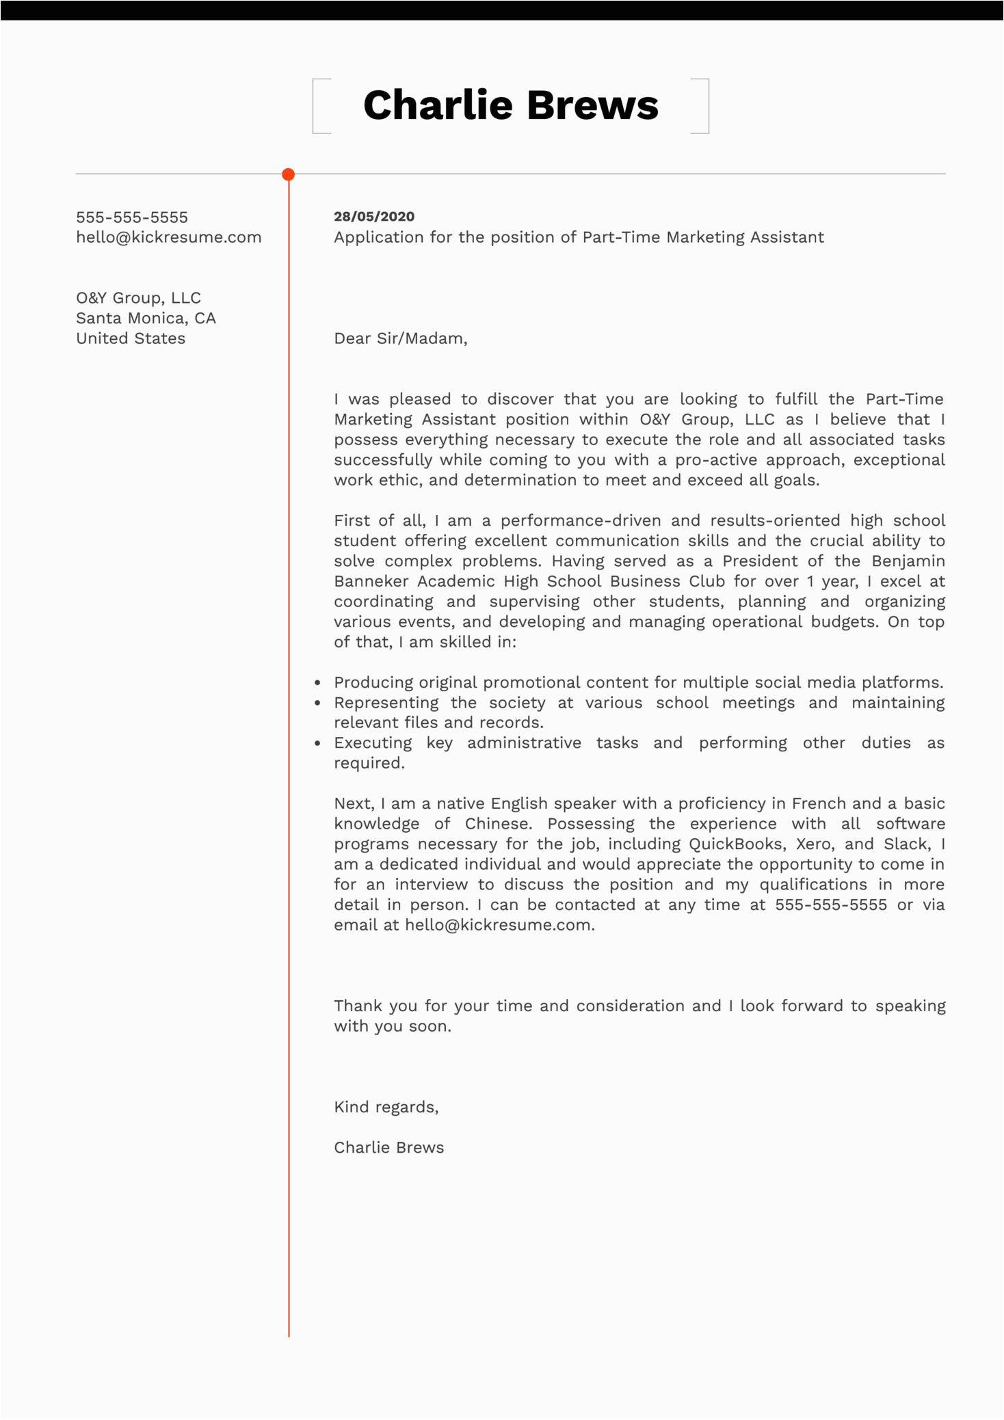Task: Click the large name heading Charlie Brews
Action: (x=510, y=106)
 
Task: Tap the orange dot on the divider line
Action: (x=289, y=174)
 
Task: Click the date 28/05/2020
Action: (x=374, y=217)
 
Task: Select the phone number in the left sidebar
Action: (x=132, y=217)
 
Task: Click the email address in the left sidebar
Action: (x=169, y=237)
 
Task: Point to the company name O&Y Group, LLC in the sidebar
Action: (x=138, y=298)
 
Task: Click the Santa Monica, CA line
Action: (x=146, y=319)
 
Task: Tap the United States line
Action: (x=131, y=338)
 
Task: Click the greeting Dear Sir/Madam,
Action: (x=400, y=338)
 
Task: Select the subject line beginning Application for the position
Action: (x=579, y=237)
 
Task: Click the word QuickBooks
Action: (x=735, y=844)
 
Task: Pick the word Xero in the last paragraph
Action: (x=813, y=844)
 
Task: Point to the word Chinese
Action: (x=498, y=824)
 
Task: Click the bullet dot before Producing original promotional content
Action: (x=317, y=683)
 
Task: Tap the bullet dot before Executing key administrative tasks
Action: (x=317, y=743)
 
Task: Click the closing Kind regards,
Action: (x=386, y=1107)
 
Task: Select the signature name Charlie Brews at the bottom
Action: (x=388, y=1147)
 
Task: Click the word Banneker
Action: (x=370, y=581)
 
